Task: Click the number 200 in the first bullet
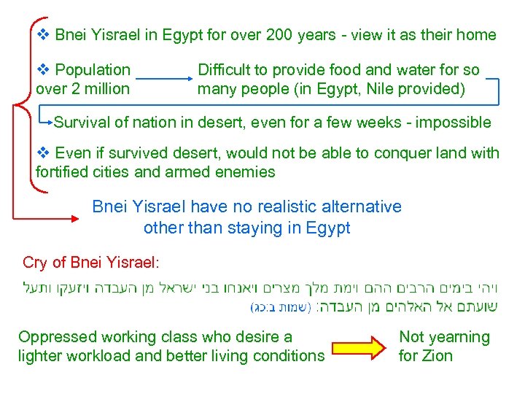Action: [x=281, y=34]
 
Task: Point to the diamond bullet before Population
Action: [x=43, y=70]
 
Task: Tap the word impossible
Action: [x=452, y=123]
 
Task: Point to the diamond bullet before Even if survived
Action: [x=43, y=153]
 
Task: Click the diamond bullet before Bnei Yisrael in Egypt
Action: [x=43, y=34]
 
